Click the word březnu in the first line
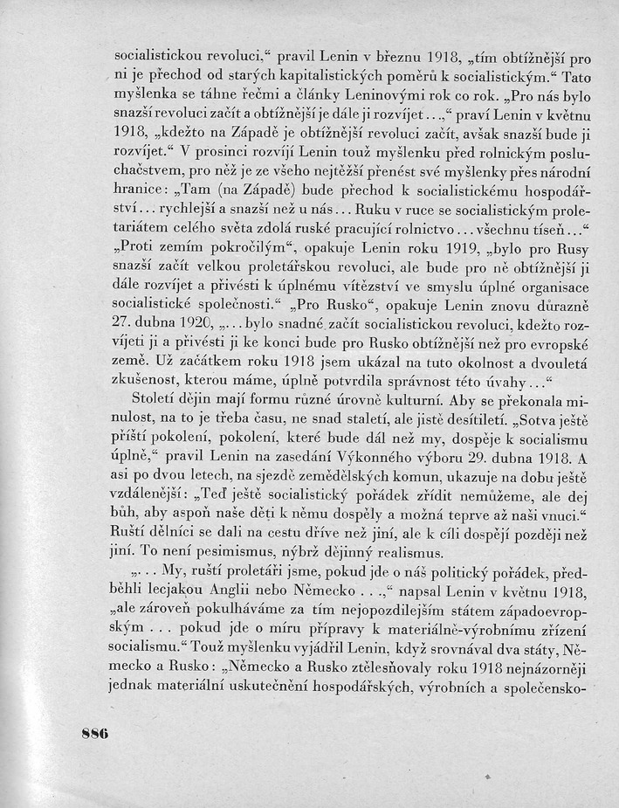coord(407,42)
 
